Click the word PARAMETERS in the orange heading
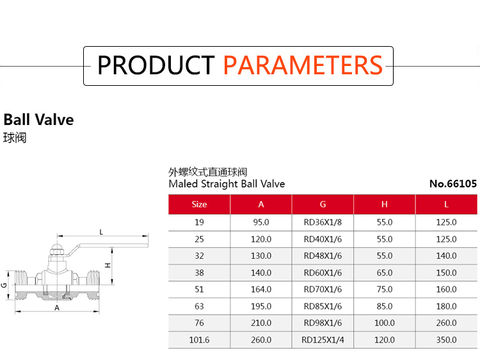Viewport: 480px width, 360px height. (x=303, y=65)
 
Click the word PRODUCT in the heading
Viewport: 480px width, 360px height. (x=156, y=65)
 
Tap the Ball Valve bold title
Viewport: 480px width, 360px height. (x=38, y=120)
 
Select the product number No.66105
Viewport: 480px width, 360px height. (x=453, y=184)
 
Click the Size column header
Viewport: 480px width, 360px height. (x=199, y=204)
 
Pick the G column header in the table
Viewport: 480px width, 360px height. (x=323, y=204)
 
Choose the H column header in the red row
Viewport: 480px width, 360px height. (x=385, y=204)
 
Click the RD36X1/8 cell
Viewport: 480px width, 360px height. (x=323, y=222)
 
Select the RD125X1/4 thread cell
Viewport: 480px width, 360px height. (x=323, y=340)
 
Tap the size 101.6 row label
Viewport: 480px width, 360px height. (x=199, y=340)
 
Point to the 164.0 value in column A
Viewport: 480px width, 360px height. (x=261, y=290)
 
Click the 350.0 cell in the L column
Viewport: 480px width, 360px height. (x=446, y=340)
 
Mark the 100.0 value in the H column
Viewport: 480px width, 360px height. (x=385, y=323)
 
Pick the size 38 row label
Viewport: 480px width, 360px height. (x=199, y=273)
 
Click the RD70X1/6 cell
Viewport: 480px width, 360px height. (x=323, y=290)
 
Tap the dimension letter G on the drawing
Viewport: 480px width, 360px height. (x=4, y=285)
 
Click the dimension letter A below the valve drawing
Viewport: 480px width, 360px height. (x=57, y=308)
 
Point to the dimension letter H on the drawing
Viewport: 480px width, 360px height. (x=108, y=265)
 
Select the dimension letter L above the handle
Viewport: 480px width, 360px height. (x=101, y=233)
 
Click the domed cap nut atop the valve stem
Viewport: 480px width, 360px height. (x=57, y=249)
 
